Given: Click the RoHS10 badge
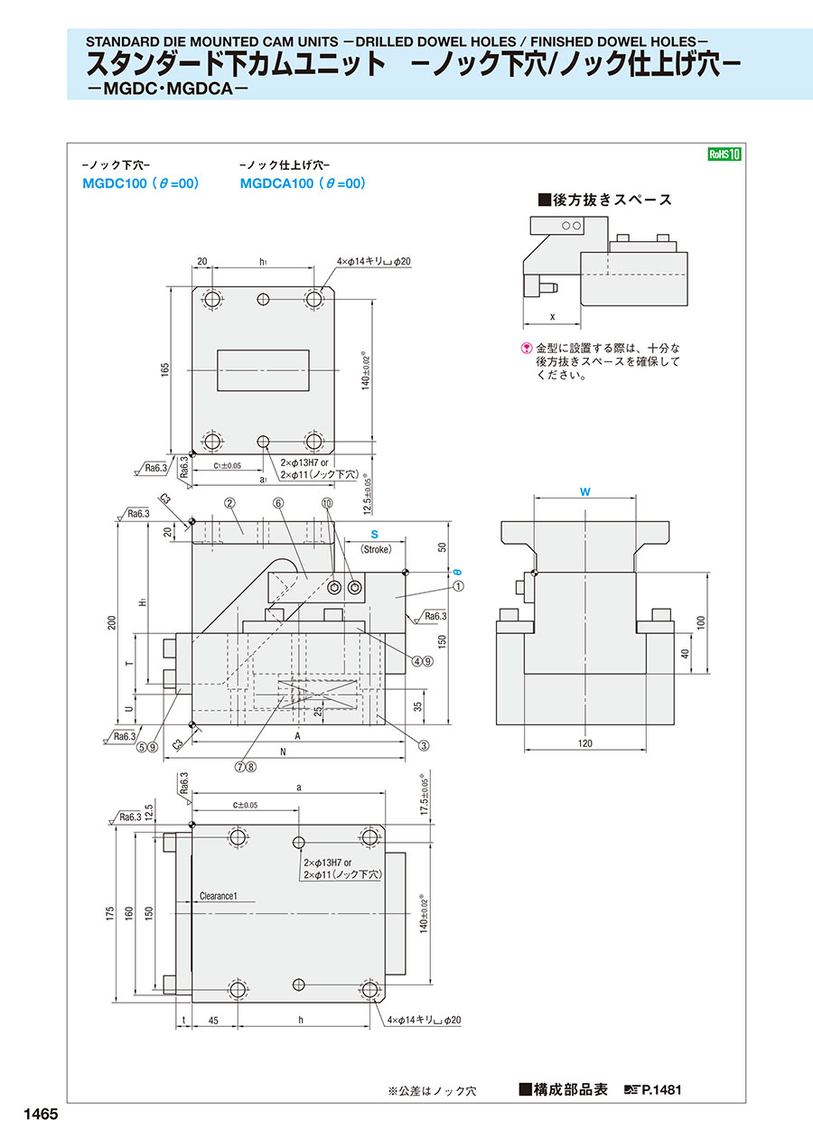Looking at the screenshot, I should coord(724,154).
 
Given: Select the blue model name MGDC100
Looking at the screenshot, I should coord(114,183).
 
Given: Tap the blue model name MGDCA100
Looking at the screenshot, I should coord(276,183).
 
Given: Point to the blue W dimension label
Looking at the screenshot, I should coord(585,491).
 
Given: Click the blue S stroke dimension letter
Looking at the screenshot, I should coord(374,535).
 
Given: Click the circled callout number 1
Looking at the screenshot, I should coord(459,585).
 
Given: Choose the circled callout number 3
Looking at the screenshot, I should coord(423,745).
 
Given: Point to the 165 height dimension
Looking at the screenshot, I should coord(166,370).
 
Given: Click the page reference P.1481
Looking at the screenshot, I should coord(661,1090).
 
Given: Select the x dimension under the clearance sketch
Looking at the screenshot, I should coord(551,317).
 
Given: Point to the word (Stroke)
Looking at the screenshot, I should coord(374,549).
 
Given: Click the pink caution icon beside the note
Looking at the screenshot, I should coord(528,348).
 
